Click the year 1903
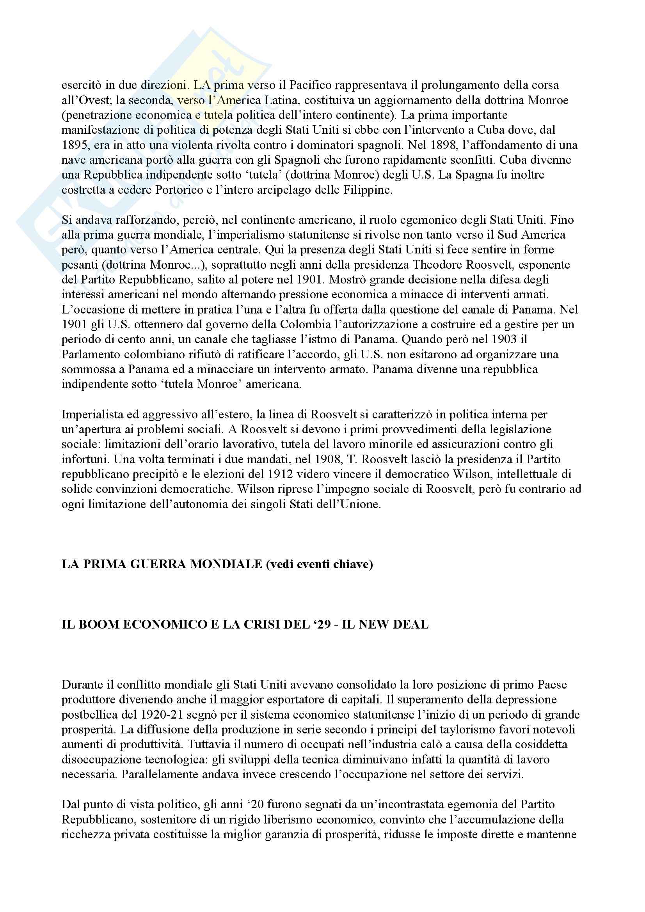pos(505,340)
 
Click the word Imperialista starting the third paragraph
pos(91,415)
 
